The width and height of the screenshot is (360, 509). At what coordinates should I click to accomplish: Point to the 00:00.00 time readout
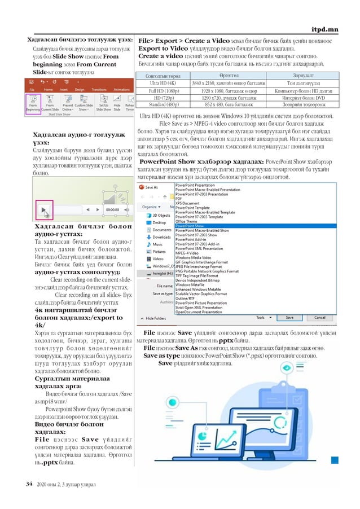[x=112, y=209]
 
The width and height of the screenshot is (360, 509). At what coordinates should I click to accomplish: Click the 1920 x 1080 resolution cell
[x=220, y=90]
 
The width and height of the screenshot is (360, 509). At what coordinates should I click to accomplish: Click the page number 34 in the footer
[x=29, y=484]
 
